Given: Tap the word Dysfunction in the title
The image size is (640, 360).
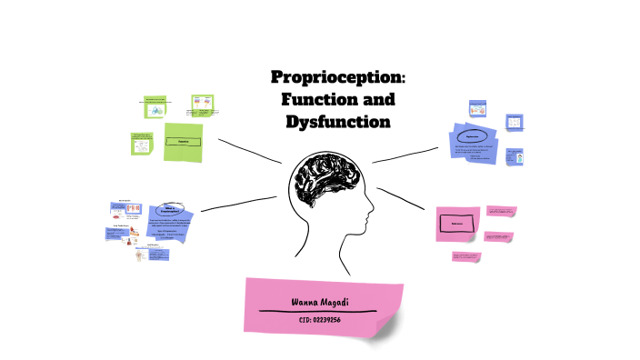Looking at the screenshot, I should [x=337, y=120].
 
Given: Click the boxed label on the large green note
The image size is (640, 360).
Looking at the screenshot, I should [x=183, y=142].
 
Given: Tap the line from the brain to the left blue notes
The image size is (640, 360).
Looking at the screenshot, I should [x=238, y=202].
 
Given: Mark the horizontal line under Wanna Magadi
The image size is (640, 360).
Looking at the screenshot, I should [x=317, y=311].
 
